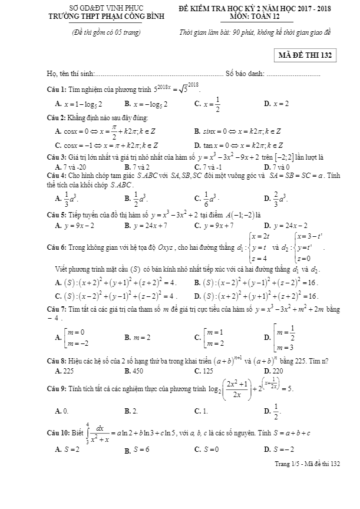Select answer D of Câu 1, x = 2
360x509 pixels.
[x=276, y=104]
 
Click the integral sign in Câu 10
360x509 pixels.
[x=87, y=433]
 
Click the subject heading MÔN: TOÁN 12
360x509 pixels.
[x=256, y=16]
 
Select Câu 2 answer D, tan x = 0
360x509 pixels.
[x=239, y=145]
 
